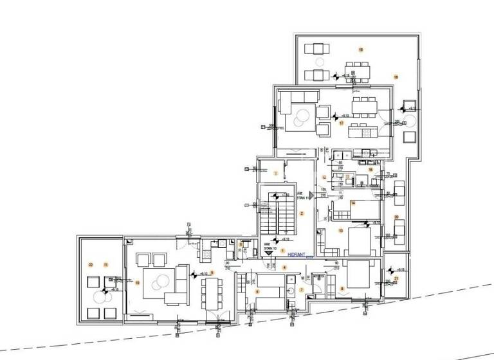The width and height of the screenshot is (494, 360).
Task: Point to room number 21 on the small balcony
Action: (x=396, y=278)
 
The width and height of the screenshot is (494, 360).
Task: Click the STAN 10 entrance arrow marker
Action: (x=268, y=255)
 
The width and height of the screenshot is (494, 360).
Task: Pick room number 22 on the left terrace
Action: (x=91, y=265)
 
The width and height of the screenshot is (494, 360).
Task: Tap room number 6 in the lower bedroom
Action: (x=258, y=291)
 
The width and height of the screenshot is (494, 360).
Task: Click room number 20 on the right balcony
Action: (x=396, y=217)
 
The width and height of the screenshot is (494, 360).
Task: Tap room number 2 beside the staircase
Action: (x=301, y=213)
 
